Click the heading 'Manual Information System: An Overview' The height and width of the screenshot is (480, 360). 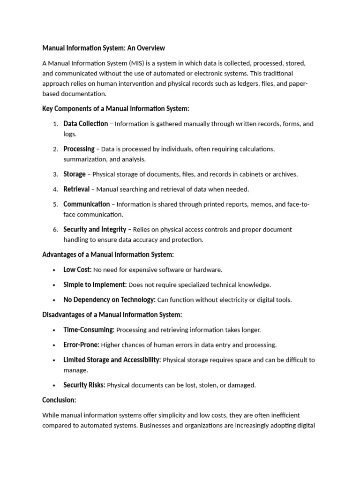tap(104, 48)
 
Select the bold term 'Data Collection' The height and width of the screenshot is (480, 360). tap(85, 124)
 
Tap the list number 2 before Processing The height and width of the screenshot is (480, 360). tap(55, 149)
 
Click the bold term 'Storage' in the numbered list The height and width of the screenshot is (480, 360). tap(75, 174)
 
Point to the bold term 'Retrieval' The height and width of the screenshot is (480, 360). tap(76, 189)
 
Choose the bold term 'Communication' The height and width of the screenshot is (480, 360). tap(86, 204)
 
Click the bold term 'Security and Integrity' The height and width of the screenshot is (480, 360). tap(95, 230)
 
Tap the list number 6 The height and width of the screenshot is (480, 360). tap(55, 230)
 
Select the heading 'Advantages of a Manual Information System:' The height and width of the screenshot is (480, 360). tap(108, 255)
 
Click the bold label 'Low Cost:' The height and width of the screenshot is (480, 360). tap(77, 270)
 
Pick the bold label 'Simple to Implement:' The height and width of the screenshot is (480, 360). tap(95, 285)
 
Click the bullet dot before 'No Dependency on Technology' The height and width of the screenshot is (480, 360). tap(55, 300)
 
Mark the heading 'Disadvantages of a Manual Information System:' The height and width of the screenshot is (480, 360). tap(112, 315)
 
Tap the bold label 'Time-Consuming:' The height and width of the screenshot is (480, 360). tap(89, 330)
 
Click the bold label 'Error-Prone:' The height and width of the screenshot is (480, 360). tap(81, 345)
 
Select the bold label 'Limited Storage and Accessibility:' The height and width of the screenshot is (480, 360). tap(112, 360)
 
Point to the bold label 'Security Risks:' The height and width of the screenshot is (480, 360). tap(84, 385)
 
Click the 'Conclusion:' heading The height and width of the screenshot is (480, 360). tap(59, 400)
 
